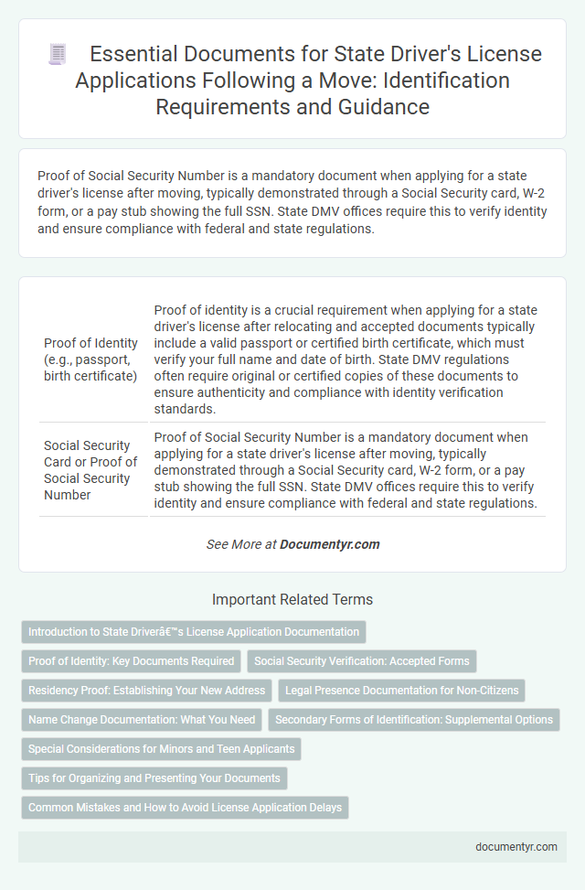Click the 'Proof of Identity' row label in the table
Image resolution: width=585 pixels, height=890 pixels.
[x=90, y=359]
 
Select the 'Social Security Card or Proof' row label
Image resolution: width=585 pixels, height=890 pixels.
[x=90, y=469]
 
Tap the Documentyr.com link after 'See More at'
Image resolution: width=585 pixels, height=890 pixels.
[x=329, y=544]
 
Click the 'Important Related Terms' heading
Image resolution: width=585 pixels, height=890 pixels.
[x=292, y=600]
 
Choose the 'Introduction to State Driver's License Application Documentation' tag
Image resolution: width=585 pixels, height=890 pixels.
[x=193, y=632]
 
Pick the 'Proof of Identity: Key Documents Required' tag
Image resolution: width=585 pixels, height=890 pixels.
[x=131, y=661]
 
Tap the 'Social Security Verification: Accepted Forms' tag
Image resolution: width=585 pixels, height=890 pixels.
[x=361, y=661]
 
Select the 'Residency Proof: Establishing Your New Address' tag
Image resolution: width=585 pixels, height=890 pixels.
[x=146, y=691]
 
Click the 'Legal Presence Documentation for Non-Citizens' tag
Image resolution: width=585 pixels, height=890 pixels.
[x=401, y=691]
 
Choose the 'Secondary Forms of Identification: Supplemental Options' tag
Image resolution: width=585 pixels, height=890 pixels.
[x=413, y=720]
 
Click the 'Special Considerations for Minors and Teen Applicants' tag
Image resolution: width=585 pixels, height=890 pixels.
[x=161, y=749]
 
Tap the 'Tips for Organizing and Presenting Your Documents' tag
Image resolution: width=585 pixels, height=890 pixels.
[x=154, y=778]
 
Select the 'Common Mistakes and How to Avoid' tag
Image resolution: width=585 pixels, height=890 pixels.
[x=185, y=808]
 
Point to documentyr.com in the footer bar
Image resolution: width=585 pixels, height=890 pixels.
[x=516, y=846]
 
